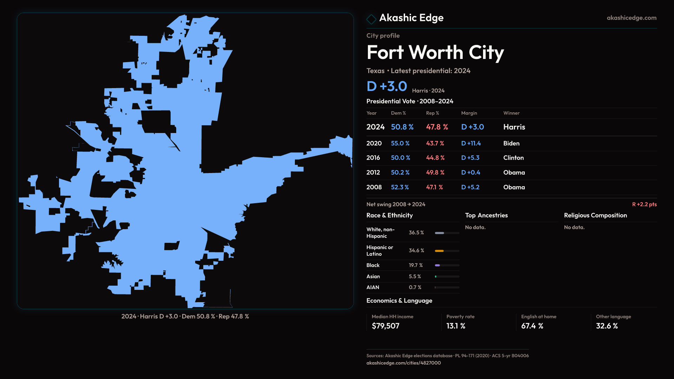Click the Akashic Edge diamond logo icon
point(371,19)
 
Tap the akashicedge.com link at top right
point(631,18)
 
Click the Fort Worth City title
point(435,53)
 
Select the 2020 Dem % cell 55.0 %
point(400,144)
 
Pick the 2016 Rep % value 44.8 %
point(435,158)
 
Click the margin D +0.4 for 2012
point(470,173)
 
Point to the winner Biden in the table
point(511,144)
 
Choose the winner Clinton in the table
point(513,158)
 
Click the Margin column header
point(469,113)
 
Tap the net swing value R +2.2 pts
point(644,204)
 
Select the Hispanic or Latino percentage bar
point(447,251)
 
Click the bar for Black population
point(447,265)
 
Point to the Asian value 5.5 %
point(415,277)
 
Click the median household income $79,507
point(385,326)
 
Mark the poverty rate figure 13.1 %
point(456,326)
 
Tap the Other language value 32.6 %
point(607,326)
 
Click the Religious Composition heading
point(595,215)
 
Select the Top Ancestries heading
point(486,215)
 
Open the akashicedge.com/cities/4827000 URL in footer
point(403,363)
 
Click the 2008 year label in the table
point(374,187)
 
